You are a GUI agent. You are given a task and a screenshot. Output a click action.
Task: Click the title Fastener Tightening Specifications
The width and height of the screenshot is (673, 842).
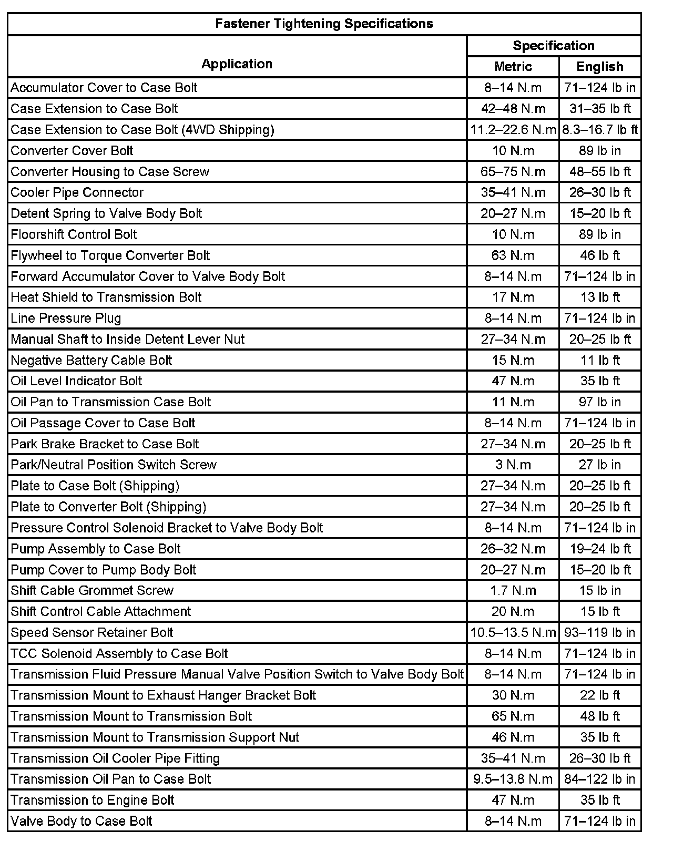(x=324, y=24)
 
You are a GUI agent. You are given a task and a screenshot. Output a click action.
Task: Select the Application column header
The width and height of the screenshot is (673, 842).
(x=237, y=64)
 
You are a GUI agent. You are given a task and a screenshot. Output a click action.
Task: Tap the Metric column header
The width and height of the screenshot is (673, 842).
(x=513, y=67)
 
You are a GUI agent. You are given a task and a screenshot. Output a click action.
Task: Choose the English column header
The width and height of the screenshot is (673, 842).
(x=599, y=67)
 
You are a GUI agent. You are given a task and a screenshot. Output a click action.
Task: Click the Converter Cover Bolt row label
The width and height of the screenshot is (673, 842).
(x=72, y=151)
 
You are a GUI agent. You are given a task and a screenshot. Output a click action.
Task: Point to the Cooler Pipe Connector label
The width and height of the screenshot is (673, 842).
(x=77, y=192)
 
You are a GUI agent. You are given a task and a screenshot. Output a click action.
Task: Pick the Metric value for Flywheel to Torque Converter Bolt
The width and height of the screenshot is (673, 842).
(x=513, y=255)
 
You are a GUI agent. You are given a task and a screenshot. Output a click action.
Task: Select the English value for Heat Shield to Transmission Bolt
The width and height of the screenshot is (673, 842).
(x=599, y=297)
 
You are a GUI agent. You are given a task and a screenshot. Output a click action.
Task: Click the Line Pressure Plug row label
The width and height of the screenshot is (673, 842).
(x=66, y=319)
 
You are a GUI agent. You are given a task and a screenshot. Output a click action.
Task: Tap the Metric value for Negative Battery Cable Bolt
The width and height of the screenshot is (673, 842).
(x=513, y=361)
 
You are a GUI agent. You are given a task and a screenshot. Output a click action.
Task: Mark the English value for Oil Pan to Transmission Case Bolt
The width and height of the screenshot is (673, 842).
(x=599, y=402)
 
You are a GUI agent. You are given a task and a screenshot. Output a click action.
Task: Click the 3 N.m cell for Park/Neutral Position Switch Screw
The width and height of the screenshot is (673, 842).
(x=513, y=465)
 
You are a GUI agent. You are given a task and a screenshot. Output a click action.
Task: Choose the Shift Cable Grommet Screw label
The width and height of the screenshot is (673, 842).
(x=92, y=591)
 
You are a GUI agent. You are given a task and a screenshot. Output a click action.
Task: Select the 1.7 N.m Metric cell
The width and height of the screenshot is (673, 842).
(x=513, y=591)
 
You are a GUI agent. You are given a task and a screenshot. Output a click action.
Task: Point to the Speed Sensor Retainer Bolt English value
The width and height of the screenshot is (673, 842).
(x=599, y=633)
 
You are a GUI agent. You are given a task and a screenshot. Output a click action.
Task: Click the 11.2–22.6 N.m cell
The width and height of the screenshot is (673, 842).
(x=513, y=130)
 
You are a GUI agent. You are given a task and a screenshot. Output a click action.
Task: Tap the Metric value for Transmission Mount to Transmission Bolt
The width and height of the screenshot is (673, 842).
(x=513, y=716)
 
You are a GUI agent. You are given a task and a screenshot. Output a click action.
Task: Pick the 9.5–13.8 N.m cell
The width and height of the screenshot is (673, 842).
(x=513, y=779)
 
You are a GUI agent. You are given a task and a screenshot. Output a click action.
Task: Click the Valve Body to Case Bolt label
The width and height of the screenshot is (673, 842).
(x=81, y=821)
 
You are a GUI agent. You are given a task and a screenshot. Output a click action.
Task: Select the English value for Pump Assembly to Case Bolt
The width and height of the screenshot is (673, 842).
(x=599, y=549)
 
